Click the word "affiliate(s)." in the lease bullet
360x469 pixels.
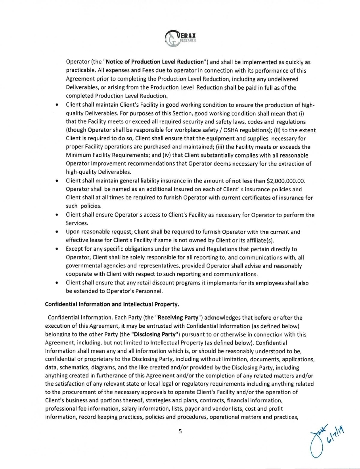tap(258, 240)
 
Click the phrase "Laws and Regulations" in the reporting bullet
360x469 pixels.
tap(209, 249)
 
